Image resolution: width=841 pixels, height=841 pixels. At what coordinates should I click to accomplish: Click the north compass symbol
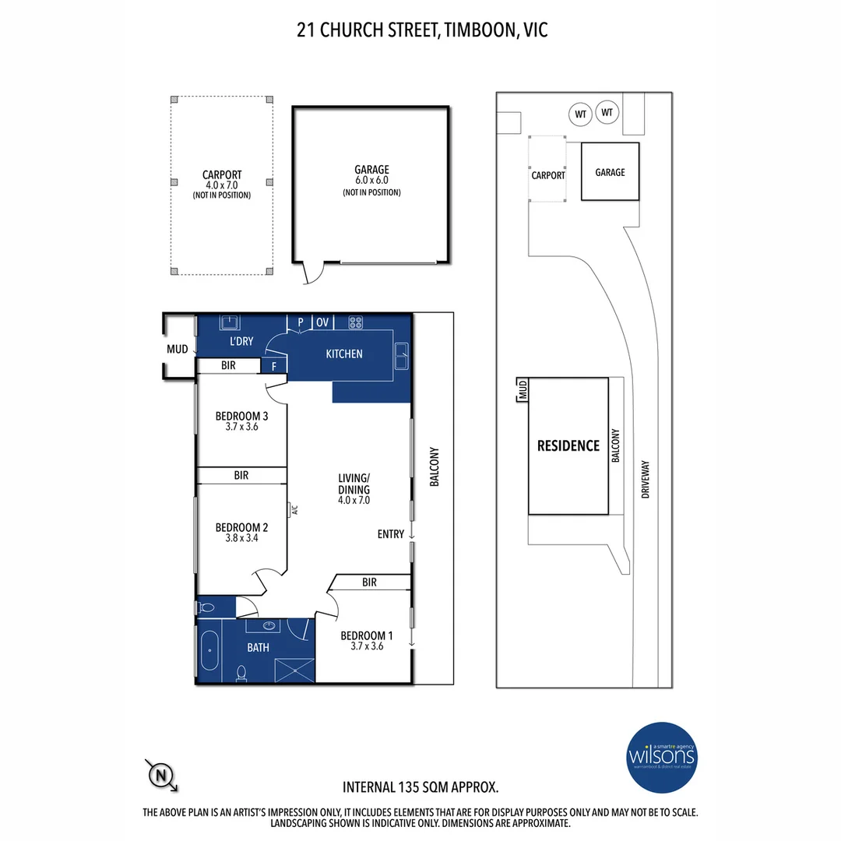pos(160,774)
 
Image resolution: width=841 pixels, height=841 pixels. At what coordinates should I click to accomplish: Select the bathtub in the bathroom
pos(209,651)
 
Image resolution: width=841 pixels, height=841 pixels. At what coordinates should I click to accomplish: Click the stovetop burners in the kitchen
pos(357,322)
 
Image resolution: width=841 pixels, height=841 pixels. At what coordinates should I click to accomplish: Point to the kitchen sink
pos(402,357)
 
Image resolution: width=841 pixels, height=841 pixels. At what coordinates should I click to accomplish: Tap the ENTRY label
pos(391,534)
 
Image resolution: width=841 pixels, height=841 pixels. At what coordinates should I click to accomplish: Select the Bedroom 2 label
pos(241,527)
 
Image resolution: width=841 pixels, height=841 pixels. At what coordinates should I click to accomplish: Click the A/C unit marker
pos(294,510)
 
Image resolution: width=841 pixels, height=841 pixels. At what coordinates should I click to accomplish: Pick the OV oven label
pos(322,322)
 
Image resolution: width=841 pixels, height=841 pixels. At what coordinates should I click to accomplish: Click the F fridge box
pos(273,365)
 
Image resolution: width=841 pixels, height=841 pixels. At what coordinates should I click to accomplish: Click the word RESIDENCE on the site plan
pos(568,446)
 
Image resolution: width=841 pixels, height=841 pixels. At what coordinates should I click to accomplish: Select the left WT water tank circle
pos(580,114)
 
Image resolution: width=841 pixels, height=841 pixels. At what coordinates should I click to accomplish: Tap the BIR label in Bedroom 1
pos(369,582)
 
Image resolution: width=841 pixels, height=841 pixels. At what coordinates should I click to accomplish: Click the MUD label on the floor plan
pos(177,350)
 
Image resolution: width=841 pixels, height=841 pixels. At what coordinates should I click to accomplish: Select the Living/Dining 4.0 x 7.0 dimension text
pos(354,501)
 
